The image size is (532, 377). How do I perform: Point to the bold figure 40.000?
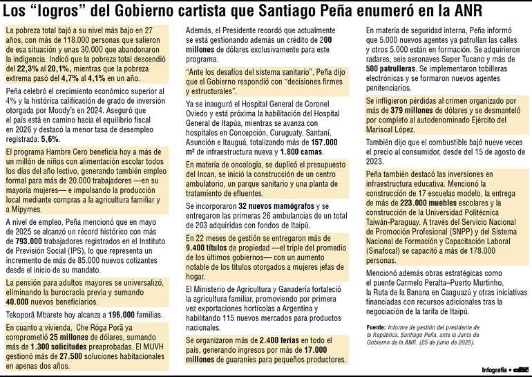pos(19,302)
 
